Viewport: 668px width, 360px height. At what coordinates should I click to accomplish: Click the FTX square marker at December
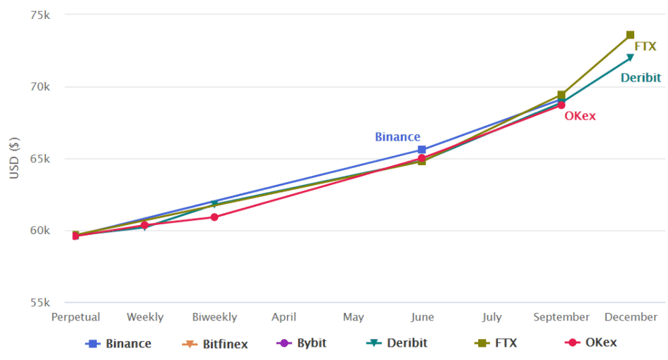pos(630,34)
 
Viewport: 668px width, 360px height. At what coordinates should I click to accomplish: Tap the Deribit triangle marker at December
pos(630,58)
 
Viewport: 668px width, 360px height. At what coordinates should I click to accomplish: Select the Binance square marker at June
pos(422,150)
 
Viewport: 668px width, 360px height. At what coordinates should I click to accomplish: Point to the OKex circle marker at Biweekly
pos(214,217)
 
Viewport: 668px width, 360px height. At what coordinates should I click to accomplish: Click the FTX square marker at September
pos(561,95)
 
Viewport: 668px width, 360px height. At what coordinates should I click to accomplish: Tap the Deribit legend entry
pos(397,343)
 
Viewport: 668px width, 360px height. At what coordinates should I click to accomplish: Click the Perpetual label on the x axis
pos(75,317)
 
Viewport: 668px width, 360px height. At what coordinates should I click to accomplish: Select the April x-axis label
pos(283,317)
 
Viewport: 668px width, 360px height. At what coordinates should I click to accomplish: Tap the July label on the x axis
pos(492,317)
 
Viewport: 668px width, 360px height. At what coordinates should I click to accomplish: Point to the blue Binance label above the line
pos(397,137)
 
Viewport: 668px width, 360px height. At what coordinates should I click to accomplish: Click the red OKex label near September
pos(580,116)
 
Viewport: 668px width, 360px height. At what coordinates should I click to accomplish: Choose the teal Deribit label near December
pos(641,78)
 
